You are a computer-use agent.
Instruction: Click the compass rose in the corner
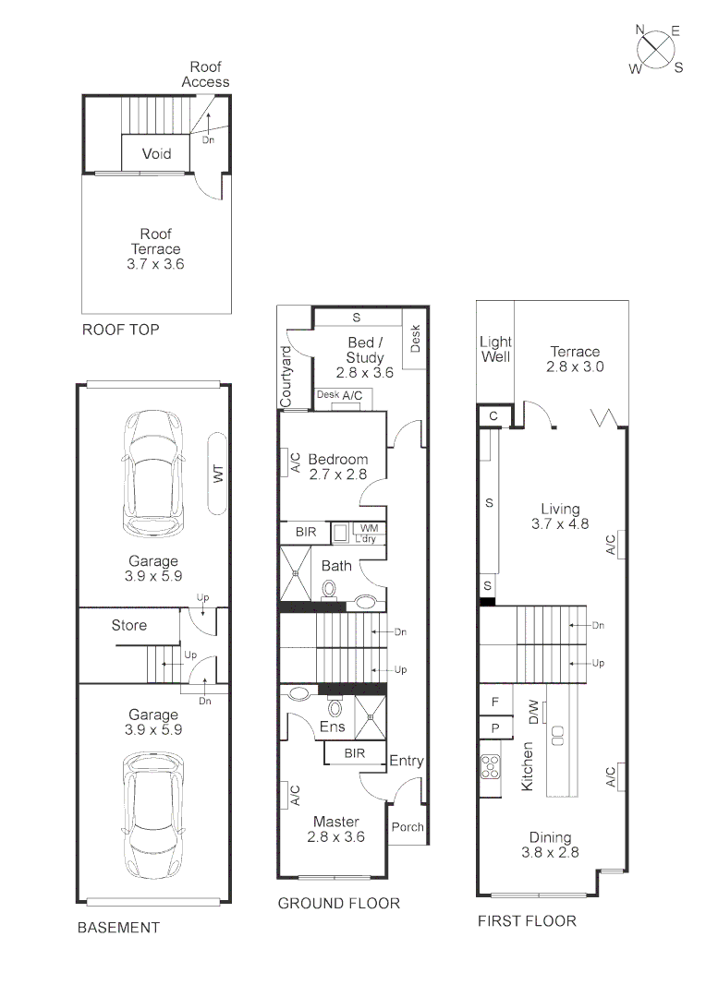[x=657, y=49]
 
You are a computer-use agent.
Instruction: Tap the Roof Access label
[x=205, y=74]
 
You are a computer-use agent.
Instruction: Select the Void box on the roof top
[x=156, y=153]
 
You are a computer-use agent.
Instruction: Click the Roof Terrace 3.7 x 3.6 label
[x=155, y=248]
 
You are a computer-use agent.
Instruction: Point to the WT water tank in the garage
[x=219, y=474]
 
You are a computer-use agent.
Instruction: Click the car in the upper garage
[x=154, y=472]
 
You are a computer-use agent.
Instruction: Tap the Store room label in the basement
[x=128, y=625]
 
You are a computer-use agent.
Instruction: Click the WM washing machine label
[x=369, y=528]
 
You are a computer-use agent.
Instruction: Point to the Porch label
[x=407, y=827]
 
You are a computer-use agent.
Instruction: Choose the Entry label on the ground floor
[x=406, y=761]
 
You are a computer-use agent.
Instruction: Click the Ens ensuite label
[x=332, y=727]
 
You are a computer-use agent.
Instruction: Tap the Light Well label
[x=495, y=349]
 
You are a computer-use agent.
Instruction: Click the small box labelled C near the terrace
[x=493, y=416]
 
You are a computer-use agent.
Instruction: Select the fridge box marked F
[x=495, y=702]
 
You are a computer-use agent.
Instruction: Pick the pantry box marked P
[x=495, y=727]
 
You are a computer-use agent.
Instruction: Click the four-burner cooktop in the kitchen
[x=489, y=768]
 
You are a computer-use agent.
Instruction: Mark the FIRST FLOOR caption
[x=526, y=920]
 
